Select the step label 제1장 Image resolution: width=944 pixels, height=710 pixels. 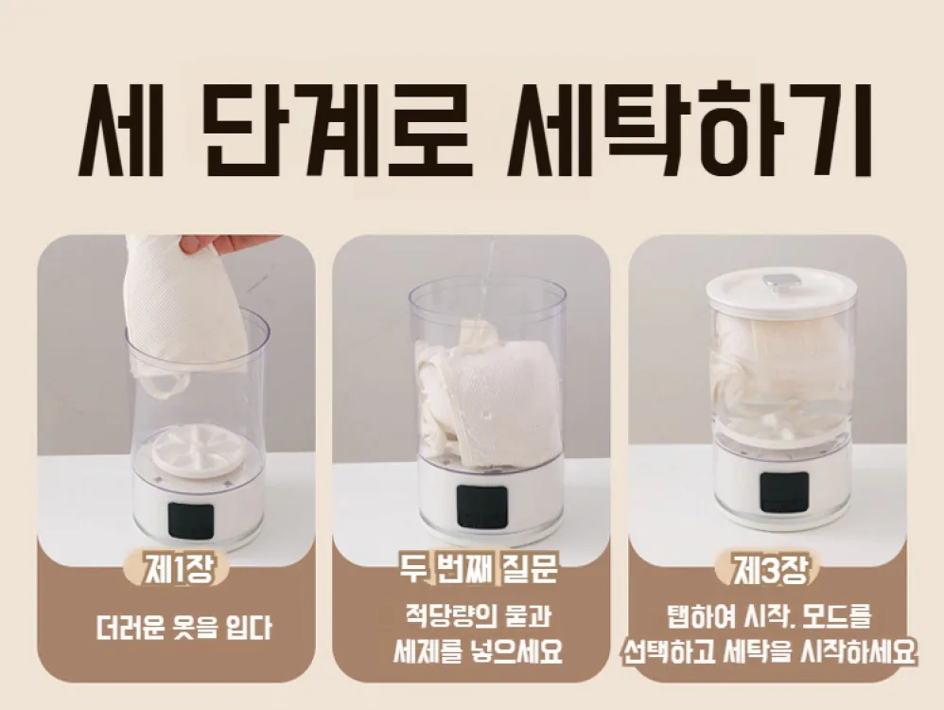coord(176,568)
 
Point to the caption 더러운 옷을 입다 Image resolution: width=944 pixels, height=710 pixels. coord(184,628)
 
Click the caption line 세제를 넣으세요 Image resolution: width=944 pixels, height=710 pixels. coord(479,651)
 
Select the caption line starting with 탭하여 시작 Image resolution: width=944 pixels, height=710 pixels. coord(769,616)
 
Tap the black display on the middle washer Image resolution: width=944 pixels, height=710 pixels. coord(480,504)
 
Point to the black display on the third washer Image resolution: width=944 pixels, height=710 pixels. coord(784,492)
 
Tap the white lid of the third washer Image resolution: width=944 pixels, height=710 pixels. coord(781,290)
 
